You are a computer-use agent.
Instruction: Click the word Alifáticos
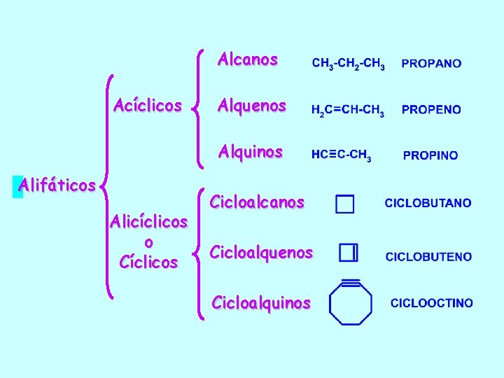click(57, 185)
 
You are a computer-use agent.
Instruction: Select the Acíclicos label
click(148, 106)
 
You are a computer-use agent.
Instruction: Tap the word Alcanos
click(247, 59)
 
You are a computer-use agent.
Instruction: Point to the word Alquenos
click(251, 106)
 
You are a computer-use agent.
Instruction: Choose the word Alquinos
click(250, 151)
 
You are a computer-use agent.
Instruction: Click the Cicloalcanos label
click(257, 202)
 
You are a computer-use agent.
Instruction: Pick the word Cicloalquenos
click(261, 252)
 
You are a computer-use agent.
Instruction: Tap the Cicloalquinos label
click(260, 303)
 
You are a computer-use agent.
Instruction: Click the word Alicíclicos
click(148, 223)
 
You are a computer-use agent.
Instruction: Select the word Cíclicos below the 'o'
click(148, 262)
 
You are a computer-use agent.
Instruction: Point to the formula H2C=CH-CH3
click(347, 111)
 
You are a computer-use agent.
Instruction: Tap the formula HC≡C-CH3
click(342, 155)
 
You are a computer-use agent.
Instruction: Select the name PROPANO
click(431, 64)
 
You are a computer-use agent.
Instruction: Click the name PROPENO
click(431, 110)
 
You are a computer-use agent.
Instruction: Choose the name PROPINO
click(430, 155)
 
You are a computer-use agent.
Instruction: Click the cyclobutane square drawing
click(344, 204)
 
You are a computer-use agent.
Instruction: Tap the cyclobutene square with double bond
click(348, 253)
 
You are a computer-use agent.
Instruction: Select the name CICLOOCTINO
click(431, 303)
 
